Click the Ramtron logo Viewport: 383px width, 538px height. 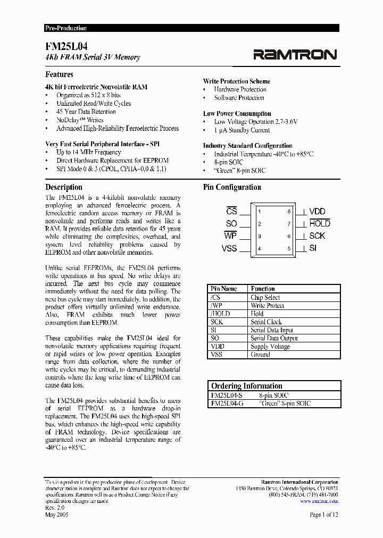[295, 54]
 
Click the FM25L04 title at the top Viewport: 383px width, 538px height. [65, 46]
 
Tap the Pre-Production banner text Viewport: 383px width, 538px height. [66, 28]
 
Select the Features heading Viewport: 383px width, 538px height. [59, 74]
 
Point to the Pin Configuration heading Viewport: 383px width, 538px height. [232, 187]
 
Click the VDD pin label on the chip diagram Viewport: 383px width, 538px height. [317, 212]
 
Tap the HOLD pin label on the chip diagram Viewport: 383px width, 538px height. [320, 224]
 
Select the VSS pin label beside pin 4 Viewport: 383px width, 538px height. [229, 248]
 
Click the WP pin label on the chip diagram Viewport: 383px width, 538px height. [230, 236]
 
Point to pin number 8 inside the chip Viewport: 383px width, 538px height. [289, 212]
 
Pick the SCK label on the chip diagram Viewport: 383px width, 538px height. [317, 236]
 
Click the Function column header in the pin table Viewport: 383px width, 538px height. [263, 289]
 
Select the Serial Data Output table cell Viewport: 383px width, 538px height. [274, 338]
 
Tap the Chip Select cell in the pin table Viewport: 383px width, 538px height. [265, 297]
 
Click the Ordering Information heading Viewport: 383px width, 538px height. [246, 386]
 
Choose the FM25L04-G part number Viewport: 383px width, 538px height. [227, 404]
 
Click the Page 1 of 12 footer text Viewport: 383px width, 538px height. [323, 515]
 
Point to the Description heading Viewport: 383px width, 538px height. [64, 187]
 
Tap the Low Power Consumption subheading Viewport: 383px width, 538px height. [237, 113]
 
